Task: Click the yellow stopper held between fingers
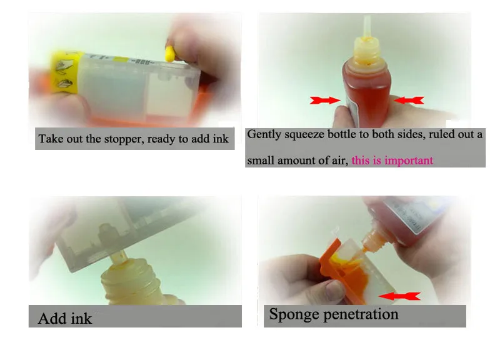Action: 169,54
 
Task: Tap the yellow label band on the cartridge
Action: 66,72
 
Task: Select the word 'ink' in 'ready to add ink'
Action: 221,139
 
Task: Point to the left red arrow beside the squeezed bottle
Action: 325,101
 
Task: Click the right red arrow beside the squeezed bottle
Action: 409,101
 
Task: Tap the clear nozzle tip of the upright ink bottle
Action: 367,26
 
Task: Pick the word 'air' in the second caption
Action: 340,161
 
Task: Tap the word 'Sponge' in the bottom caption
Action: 294,314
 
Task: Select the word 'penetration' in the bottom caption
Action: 361,314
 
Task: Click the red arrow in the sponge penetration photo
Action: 399,296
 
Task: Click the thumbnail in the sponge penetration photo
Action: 334,289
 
